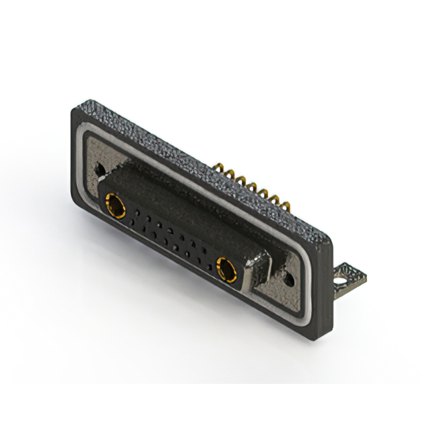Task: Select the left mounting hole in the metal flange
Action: pyautogui.click(x=100, y=167)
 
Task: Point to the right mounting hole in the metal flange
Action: pyautogui.click(x=288, y=275)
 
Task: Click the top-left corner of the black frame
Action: pyautogui.click(x=72, y=110)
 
